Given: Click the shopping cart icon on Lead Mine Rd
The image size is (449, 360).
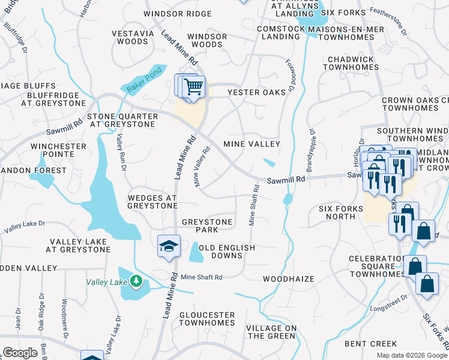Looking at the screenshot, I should click(x=193, y=87).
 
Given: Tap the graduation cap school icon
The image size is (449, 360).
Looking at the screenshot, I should click(x=169, y=245).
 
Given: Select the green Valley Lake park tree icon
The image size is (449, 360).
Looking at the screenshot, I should click(x=136, y=281).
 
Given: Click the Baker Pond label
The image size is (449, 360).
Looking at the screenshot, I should click(x=140, y=83).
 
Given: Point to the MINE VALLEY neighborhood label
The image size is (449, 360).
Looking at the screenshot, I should click(x=252, y=144).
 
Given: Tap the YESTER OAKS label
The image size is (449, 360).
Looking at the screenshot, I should click(x=256, y=92).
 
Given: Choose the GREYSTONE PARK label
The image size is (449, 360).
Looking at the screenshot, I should click(x=207, y=226).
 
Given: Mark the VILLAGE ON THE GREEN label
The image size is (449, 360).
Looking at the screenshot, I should click(x=271, y=332).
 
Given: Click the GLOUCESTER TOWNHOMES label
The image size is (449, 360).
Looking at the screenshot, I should click(x=206, y=319).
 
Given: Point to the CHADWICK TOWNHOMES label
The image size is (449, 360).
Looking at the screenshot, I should click(x=351, y=64).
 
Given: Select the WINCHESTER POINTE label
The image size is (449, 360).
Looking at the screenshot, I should click(x=59, y=150).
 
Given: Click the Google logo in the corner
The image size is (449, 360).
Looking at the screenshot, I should click(x=20, y=353).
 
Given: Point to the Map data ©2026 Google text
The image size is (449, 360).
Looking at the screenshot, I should click(x=411, y=355).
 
